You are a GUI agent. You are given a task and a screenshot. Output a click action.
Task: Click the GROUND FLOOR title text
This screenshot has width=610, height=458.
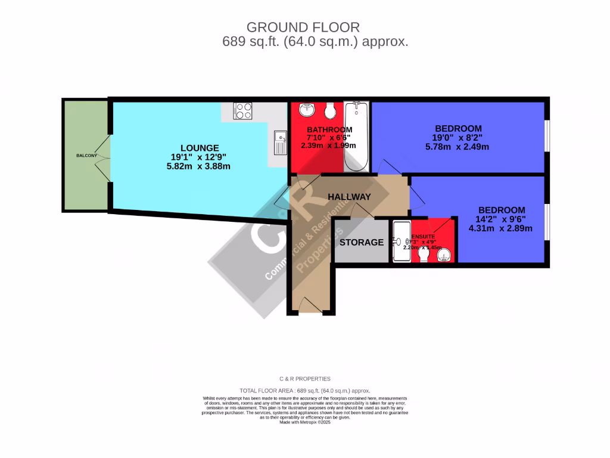coord(303,27)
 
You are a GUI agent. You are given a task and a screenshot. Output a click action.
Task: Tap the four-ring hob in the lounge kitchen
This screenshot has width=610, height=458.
coord(243,111)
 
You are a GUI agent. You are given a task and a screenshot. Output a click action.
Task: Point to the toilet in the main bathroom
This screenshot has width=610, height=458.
coord(331,111)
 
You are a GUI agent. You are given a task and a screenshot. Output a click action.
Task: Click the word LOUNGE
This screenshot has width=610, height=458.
coord(200,148)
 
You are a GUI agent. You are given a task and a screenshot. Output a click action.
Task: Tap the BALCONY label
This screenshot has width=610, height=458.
coord(86,156)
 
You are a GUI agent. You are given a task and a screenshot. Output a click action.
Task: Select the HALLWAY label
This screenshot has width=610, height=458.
coord(349,197)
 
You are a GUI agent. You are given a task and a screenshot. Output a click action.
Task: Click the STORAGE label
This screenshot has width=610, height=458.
coord(362,242)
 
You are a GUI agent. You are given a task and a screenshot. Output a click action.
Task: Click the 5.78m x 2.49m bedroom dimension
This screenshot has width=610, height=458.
coord(458,146)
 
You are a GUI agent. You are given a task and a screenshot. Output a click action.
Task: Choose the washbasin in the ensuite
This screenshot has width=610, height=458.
coord(444,256)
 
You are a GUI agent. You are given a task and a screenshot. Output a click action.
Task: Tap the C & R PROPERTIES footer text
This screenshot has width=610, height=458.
coord(305,379)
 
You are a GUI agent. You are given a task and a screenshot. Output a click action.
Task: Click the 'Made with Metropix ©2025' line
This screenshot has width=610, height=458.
coord(305,422)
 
